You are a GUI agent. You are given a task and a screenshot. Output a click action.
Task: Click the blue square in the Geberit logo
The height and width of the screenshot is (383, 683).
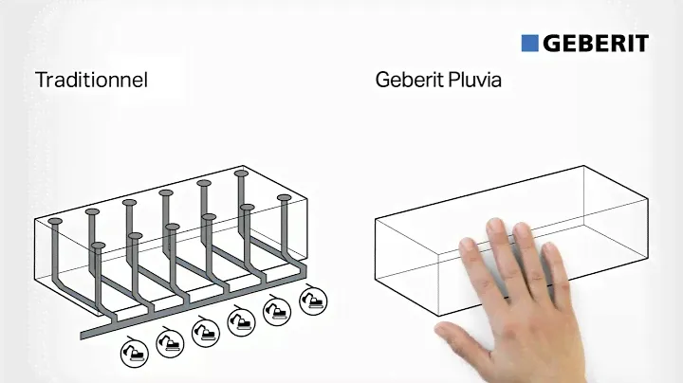(529, 44)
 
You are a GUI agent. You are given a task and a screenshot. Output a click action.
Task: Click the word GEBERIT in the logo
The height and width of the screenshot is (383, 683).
(596, 44)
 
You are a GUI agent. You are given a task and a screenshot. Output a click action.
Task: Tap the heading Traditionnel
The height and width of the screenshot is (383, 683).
(91, 80)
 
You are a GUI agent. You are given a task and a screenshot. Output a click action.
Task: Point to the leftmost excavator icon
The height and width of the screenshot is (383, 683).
(135, 353)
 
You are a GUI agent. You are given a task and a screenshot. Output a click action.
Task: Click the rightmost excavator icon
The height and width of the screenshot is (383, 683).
(313, 301)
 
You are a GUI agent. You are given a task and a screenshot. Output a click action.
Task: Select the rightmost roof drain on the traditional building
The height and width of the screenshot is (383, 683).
(284, 197)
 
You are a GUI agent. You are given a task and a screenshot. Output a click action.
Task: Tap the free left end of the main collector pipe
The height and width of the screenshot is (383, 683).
(83, 336)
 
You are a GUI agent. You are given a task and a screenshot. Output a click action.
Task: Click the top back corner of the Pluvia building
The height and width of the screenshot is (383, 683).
(583, 166)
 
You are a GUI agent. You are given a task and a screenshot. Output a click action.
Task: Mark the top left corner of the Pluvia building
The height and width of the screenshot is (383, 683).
(376, 219)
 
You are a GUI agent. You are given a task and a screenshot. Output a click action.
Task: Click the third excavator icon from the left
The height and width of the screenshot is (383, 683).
(206, 332)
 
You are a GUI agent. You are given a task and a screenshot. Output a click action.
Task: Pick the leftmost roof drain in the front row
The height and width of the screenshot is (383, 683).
(99, 246)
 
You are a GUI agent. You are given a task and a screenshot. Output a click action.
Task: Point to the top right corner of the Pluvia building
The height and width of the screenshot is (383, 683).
(648, 199)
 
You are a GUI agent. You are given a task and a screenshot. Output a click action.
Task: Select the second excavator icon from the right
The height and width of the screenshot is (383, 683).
(277, 311)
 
